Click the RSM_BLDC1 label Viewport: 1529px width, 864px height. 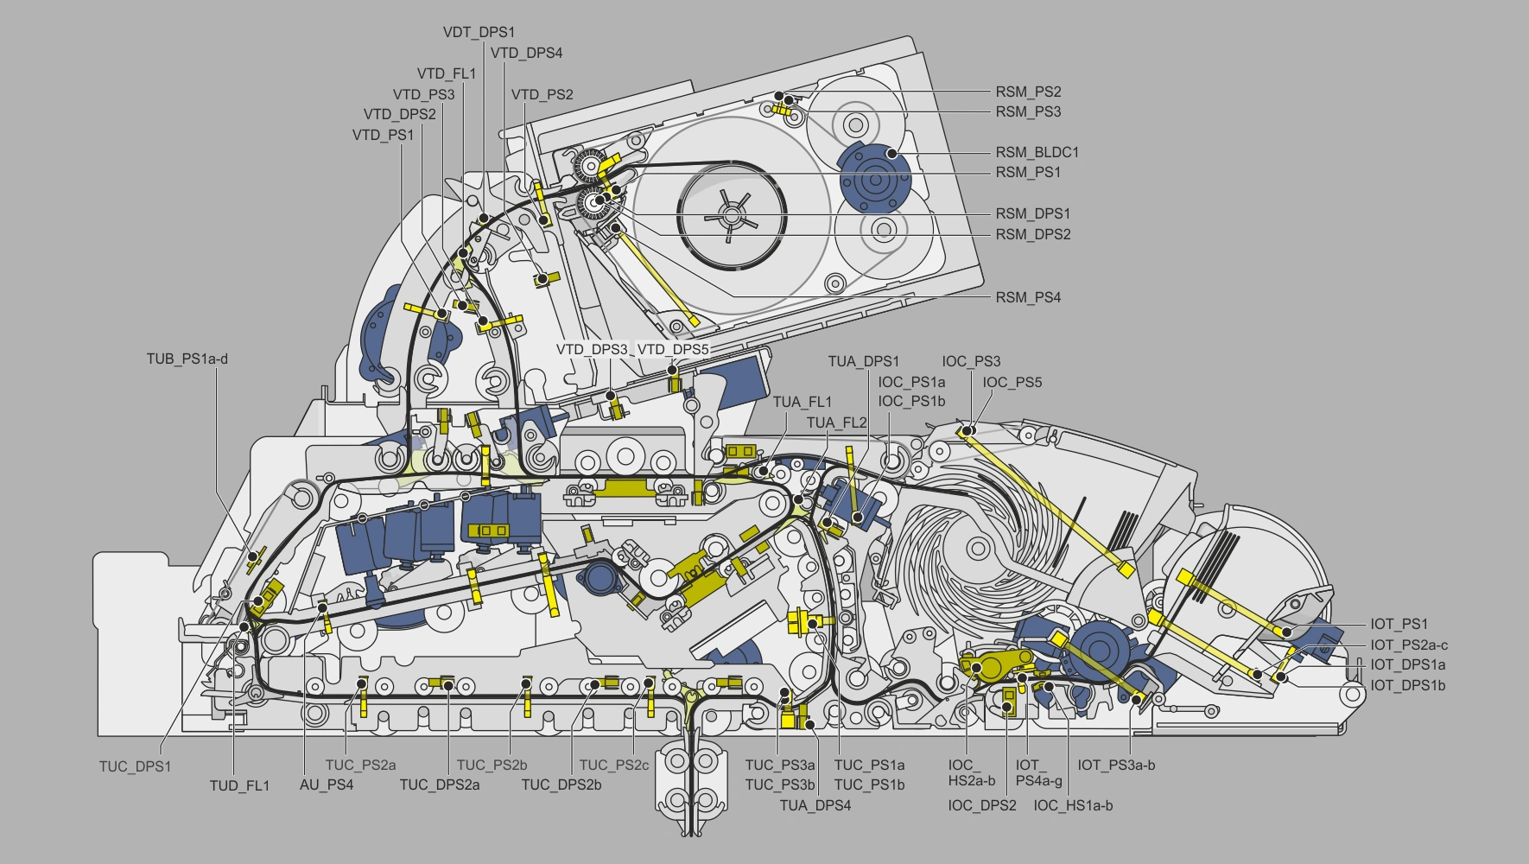(1037, 152)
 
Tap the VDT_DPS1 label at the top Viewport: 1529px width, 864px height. (479, 32)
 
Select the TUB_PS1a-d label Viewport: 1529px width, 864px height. (187, 359)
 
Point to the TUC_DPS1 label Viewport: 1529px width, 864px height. (135, 766)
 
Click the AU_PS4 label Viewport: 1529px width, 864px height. (327, 785)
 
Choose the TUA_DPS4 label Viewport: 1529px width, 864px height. (815, 805)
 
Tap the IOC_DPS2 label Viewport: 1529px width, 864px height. (981, 805)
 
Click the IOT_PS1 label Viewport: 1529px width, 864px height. (1399, 624)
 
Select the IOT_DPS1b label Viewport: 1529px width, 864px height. (1407, 685)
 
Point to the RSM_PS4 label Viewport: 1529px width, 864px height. (1028, 297)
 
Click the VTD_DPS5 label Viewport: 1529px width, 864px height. (672, 349)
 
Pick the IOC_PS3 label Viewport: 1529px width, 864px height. (971, 361)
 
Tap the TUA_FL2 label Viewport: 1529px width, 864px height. (836, 422)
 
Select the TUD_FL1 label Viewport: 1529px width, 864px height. (239, 785)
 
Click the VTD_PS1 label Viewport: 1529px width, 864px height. (383, 135)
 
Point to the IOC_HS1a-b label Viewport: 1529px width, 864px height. (1073, 805)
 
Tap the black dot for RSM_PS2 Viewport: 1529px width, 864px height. (778, 95)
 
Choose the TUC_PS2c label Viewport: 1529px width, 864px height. (613, 765)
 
